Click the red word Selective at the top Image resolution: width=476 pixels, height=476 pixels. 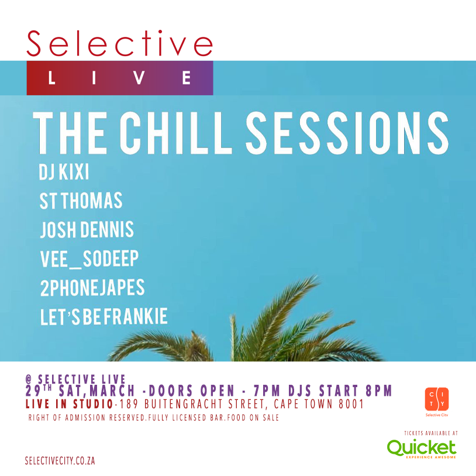tap(120, 43)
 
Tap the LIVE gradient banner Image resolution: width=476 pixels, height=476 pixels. tap(120, 78)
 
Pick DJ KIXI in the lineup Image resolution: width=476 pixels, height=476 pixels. tap(64, 172)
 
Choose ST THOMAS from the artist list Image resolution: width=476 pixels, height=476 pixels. tap(81, 201)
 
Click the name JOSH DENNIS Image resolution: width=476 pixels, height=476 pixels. tap(87, 229)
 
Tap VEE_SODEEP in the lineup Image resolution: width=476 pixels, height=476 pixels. tap(89, 258)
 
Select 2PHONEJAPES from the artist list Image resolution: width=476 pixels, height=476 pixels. tap(92, 287)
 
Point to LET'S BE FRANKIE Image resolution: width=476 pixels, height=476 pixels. tap(104, 316)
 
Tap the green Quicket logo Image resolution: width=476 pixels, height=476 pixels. tap(422, 449)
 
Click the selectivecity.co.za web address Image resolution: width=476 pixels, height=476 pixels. tap(60, 461)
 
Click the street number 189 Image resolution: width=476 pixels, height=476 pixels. tap(129, 404)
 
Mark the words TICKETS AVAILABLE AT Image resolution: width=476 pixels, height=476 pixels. tap(431, 433)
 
